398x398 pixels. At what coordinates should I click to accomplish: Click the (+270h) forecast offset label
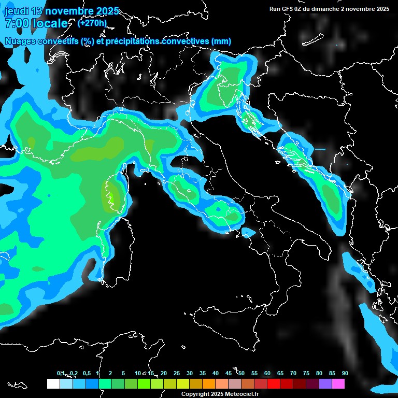point(92,23)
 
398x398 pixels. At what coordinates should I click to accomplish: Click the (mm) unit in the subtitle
point(221,41)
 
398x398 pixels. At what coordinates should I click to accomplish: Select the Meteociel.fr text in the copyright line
point(241,394)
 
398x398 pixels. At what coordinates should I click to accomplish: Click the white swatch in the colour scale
point(53,383)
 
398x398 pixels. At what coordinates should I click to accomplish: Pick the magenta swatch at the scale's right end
point(338,383)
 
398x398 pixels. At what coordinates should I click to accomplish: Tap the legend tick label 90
point(345,373)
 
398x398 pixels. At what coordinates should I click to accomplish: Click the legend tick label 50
point(241,373)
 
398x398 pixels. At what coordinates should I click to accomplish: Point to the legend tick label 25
point(176,373)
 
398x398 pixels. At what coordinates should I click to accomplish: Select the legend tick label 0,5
point(86,373)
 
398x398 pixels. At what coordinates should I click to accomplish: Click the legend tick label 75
point(306,373)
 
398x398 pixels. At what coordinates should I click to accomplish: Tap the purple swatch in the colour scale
point(325,383)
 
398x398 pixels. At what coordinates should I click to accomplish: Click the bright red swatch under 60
point(274,383)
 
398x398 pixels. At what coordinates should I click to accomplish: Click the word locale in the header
point(49,23)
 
